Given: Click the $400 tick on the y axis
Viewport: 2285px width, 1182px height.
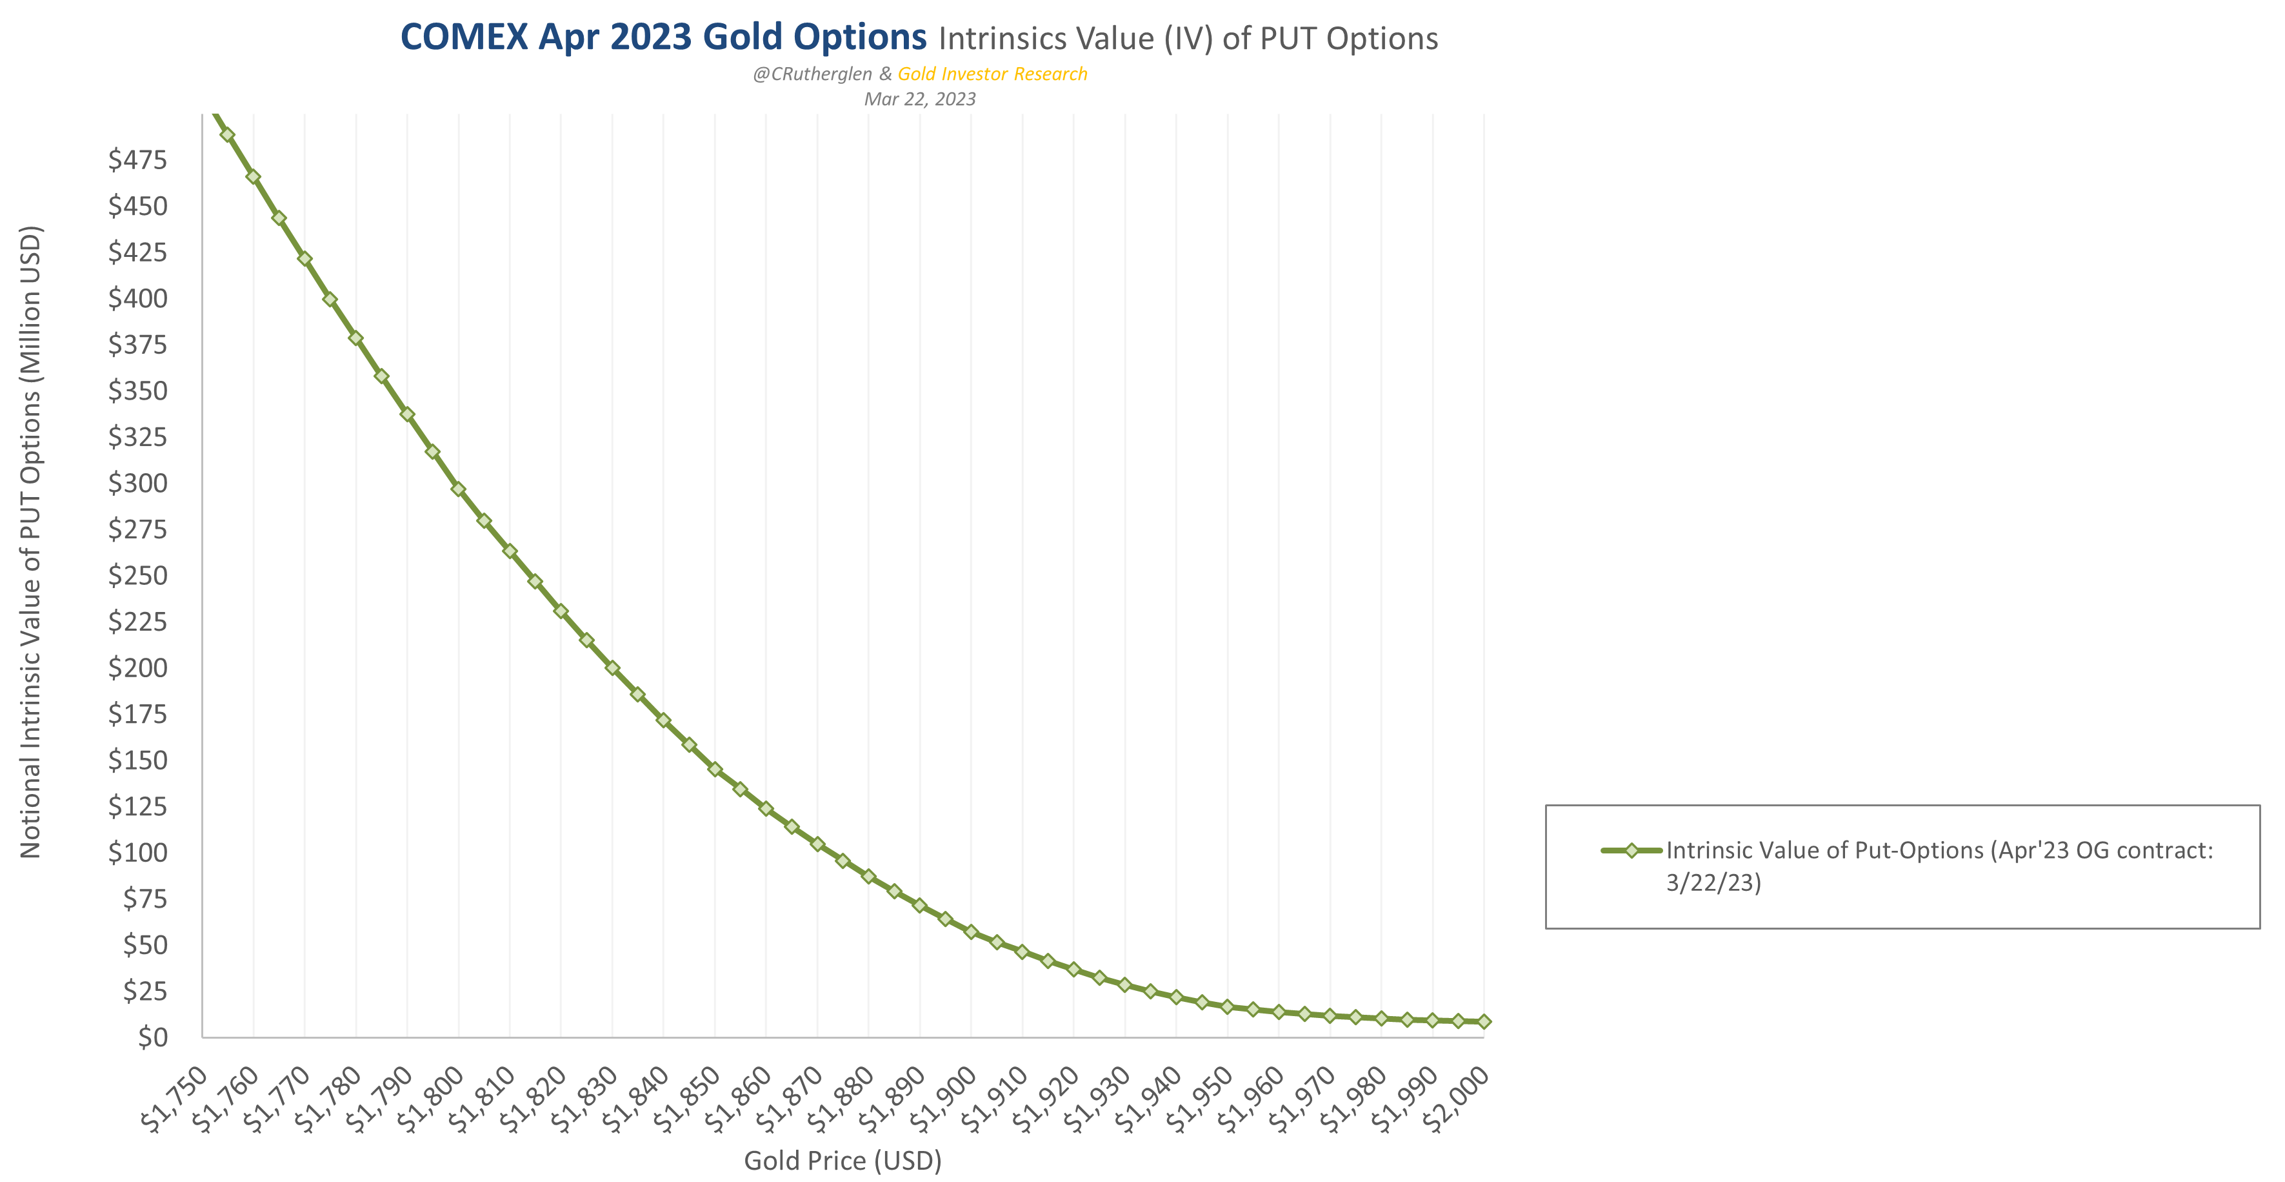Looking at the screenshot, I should pos(137,298).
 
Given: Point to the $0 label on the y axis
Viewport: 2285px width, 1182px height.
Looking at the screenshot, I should pos(152,1037).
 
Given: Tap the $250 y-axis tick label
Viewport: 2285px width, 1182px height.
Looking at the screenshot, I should pos(137,575).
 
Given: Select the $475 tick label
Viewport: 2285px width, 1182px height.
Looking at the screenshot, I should pos(137,159).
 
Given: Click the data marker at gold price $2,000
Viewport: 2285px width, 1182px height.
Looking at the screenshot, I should pos(1484,1021).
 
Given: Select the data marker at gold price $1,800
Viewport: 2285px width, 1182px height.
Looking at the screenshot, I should pos(459,489).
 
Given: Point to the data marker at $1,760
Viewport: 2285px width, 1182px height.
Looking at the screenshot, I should pos(253,177).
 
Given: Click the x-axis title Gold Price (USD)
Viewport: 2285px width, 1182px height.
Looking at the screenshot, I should pos(842,1160).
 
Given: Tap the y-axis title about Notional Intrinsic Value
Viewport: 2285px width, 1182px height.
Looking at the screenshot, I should pos(31,542).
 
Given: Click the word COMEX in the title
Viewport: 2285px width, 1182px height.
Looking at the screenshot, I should pos(463,37).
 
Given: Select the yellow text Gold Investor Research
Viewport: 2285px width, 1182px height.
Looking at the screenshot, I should pos(992,74).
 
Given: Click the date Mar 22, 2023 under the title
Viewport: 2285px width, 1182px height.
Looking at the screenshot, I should pos(920,99).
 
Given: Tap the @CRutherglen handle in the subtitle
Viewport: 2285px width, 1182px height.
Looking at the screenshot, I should pos(812,74).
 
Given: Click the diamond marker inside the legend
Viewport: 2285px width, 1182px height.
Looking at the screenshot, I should pos(1630,850).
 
